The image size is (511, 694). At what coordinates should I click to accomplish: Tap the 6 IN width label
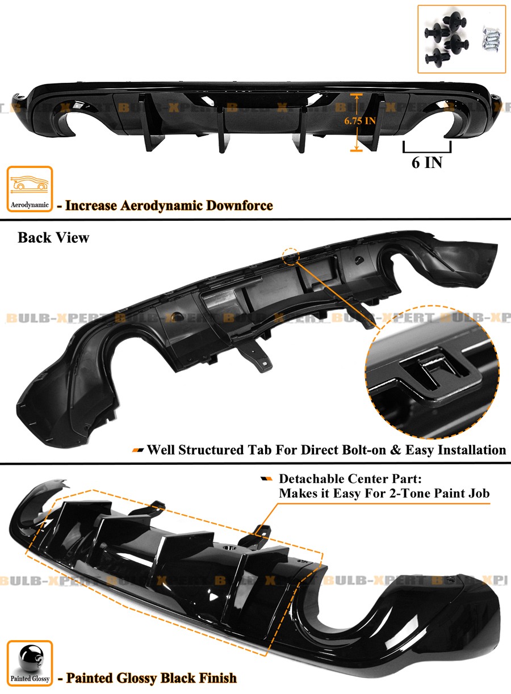click(x=426, y=163)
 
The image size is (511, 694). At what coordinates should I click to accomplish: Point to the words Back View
click(x=53, y=237)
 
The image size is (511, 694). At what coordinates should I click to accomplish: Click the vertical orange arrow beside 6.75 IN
click(x=356, y=121)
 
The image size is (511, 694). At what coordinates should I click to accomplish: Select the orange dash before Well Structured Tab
click(x=138, y=451)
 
